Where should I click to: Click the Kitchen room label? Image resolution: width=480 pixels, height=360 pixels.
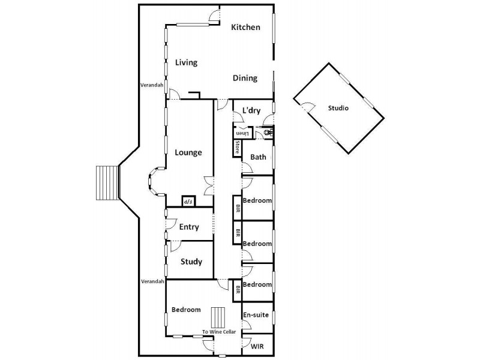tap(246, 27)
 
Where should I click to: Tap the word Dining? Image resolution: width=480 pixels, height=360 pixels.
tap(245, 78)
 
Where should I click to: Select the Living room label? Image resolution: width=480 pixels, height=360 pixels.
tap(186, 62)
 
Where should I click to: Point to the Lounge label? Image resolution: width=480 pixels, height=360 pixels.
tap(188, 152)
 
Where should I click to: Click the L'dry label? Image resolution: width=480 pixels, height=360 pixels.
tap(251, 111)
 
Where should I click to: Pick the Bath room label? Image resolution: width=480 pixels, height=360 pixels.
tap(258, 157)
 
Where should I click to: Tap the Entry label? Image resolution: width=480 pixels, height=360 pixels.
tap(189, 227)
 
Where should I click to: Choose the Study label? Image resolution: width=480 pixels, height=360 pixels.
tap(191, 262)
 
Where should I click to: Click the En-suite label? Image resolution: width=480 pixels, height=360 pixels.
tap(256, 314)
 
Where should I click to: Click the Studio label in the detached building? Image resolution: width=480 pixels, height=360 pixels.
tap(338, 109)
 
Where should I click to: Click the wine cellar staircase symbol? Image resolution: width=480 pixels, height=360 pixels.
tap(217, 316)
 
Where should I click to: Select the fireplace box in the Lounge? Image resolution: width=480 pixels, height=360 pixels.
tap(188, 202)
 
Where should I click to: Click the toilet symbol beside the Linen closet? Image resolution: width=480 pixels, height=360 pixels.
tap(268, 131)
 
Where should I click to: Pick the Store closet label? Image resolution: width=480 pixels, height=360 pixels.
tap(238, 148)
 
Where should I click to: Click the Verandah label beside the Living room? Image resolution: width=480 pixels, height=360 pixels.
tap(152, 85)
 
